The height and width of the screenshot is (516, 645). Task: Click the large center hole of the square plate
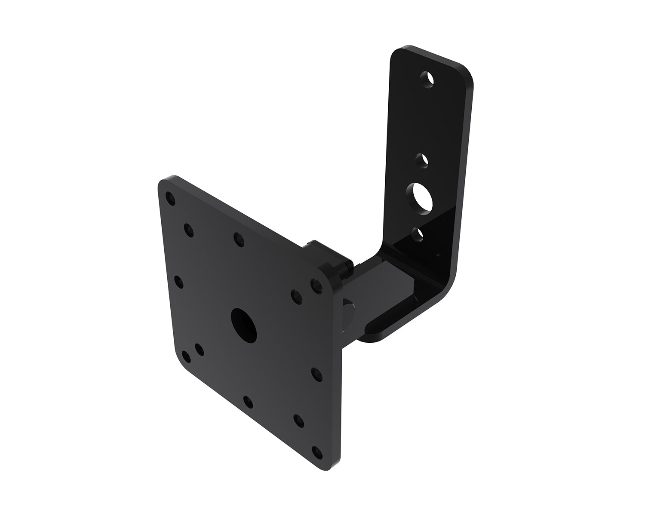(243, 323)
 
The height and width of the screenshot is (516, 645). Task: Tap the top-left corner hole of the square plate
(171, 198)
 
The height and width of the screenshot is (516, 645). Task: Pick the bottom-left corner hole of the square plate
(186, 356)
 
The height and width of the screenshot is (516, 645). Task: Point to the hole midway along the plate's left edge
(178, 282)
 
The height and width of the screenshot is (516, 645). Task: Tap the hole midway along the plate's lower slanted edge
(248, 402)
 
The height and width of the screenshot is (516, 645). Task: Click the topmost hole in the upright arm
(427, 80)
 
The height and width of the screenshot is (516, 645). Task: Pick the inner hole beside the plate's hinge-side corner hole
(297, 295)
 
